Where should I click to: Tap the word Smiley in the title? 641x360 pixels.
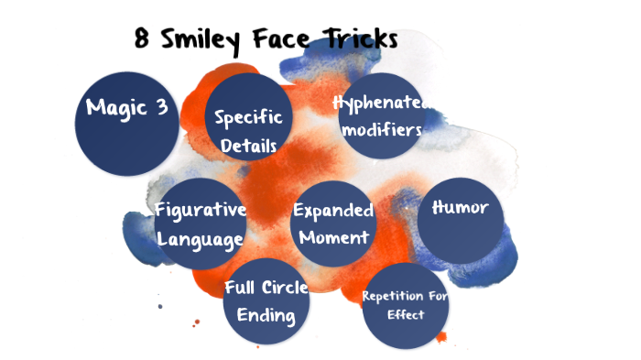201,40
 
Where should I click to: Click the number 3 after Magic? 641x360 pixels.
161,106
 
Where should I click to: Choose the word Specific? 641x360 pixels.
248,117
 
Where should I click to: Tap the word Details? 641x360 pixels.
248,145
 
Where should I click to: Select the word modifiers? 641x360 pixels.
381,130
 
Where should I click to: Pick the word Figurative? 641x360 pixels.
201,210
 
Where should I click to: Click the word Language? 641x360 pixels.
200,239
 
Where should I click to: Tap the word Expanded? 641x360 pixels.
332,211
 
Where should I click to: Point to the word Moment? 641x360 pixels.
332,237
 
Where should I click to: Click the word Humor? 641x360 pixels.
460,207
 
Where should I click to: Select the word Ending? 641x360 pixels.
266,316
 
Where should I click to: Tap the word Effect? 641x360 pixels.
406,315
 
